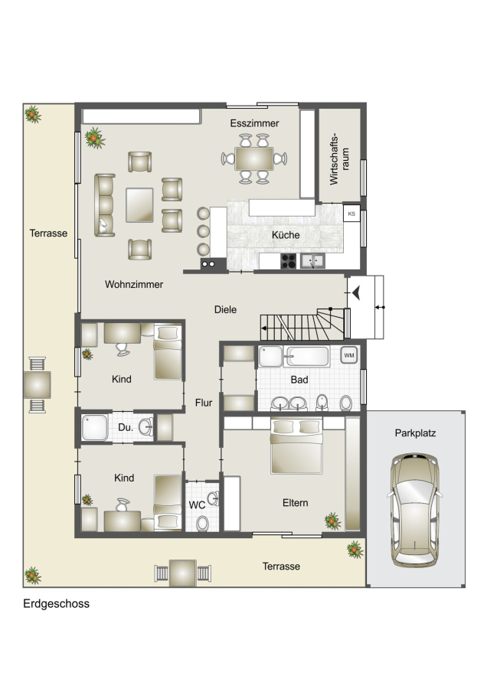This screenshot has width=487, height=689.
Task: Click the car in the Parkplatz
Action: tap(415, 510)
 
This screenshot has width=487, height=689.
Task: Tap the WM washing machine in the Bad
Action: tap(349, 355)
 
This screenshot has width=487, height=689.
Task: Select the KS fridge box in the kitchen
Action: tap(351, 214)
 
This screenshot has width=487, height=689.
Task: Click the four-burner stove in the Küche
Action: tap(289, 261)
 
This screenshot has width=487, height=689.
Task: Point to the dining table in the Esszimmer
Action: tap(254, 158)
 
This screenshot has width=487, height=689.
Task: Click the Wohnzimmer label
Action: tap(134, 284)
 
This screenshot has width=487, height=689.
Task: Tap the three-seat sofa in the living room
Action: tap(105, 204)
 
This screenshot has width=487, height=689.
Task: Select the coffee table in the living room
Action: tap(140, 204)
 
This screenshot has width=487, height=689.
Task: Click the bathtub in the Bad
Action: tap(306, 356)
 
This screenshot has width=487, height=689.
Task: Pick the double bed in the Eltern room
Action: tap(296, 446)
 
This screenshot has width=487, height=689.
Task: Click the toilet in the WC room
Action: tap(203, 523)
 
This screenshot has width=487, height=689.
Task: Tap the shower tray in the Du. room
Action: tap(94, 427)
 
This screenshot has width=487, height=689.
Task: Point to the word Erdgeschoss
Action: tap(56, 604)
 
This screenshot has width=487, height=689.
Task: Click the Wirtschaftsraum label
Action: tap(339, 159)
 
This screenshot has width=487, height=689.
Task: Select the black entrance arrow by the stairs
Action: tap(356, 292)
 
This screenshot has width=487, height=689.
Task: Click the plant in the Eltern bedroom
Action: tap(333, 521)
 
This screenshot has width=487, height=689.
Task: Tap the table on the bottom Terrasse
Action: tap(183, 573)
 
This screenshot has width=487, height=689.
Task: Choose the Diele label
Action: tap(225, 309)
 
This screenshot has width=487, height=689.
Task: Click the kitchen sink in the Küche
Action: tap(312, 261)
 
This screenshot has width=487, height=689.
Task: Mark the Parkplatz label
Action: tap(415, 433)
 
